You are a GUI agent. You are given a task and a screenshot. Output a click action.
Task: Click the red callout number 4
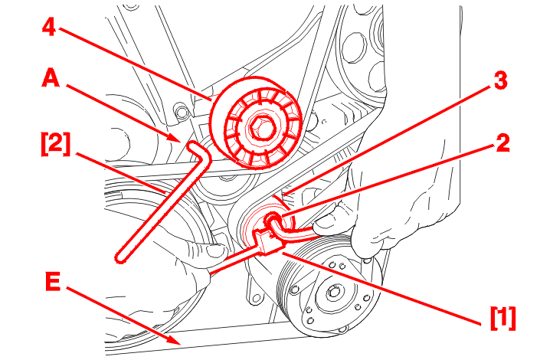tap(49, 28)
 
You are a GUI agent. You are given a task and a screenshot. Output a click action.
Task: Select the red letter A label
tap(51, 78)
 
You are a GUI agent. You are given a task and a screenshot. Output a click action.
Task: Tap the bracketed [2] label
tap(55, 144)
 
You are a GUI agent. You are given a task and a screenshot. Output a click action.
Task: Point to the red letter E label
tap(53, 281)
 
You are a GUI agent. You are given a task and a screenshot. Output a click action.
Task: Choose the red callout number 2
tap(502, 143)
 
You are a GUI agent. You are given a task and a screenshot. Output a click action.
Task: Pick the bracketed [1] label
tap(503, 318)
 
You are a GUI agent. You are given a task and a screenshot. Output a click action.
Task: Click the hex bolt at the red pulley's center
tap(260, 128)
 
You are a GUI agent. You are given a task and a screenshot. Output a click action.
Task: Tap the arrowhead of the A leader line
tap(175, 138)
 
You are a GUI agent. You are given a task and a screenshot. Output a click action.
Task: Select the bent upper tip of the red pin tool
tap(193, 146)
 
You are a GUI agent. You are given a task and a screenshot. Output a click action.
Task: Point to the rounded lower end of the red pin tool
tap(119, 257)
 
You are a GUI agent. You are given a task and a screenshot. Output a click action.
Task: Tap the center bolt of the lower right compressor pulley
tap(333, 291)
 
